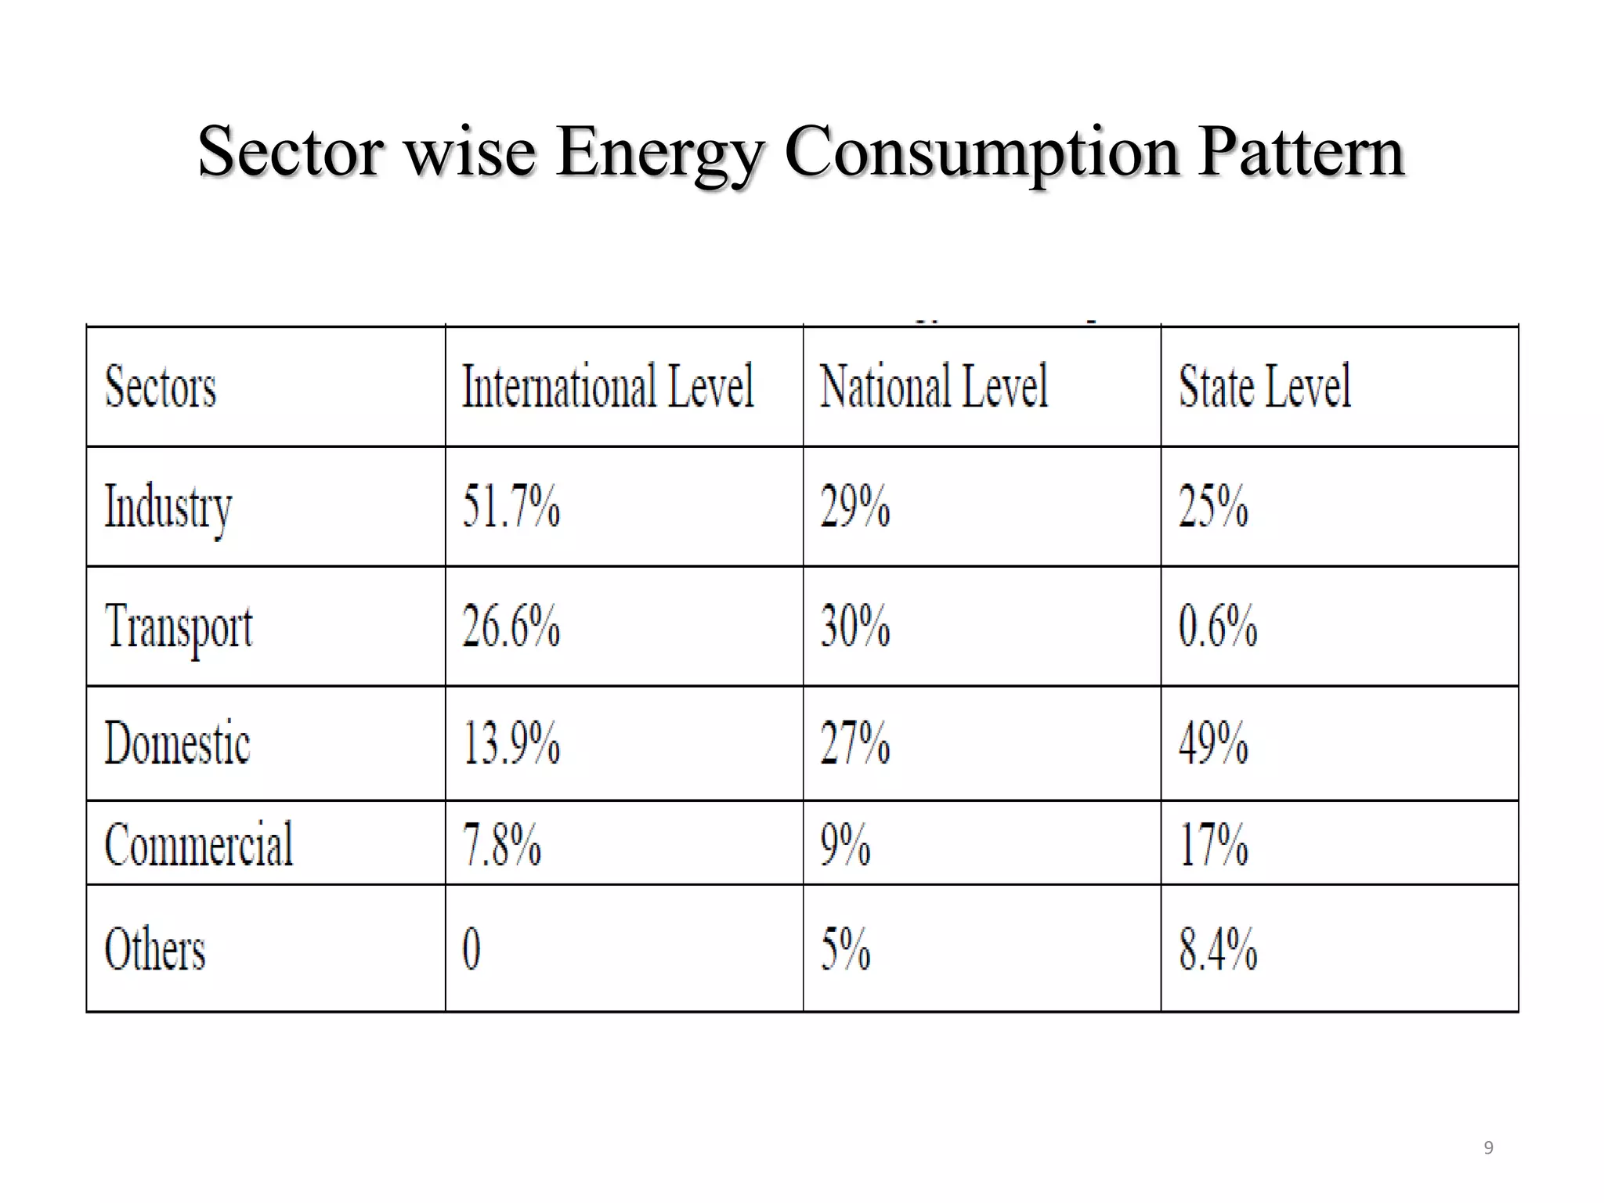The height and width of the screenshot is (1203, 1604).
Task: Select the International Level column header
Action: (608, 386)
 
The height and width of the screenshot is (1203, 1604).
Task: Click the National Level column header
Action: (934, 386)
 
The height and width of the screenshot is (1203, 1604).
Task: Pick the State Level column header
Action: (1265, 386)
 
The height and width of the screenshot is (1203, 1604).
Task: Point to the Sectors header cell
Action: (161, 387)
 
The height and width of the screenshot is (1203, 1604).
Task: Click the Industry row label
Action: (168, 508)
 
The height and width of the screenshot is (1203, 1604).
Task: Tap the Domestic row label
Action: (177, 743)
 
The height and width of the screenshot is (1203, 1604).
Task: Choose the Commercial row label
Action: (199, 844)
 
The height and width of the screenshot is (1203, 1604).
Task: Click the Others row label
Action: (155, 949)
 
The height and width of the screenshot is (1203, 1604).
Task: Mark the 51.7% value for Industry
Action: (511, 506)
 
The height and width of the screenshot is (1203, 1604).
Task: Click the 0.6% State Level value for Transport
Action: (1218, 627)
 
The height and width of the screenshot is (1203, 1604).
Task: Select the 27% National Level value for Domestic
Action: (854, 742)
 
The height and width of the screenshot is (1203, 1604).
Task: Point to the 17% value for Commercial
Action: (1213, 844)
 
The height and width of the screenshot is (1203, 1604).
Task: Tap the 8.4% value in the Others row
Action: (1218, 948)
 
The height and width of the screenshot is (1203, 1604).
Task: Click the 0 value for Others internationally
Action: (471, 948)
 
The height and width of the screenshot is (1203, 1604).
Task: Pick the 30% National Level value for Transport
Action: (854, 627)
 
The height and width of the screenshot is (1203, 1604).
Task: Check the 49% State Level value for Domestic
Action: (1213, 742)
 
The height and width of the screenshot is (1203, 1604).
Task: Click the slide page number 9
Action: (1488, 1148)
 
